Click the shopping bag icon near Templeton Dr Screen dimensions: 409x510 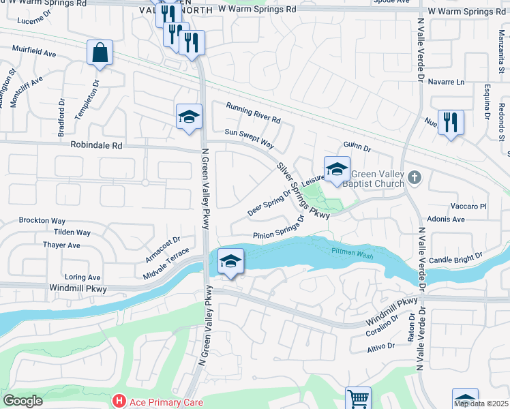(x=100, y=52)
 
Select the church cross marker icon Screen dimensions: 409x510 (x=414, y=178)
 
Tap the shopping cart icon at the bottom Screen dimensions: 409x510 (x=358, y=398)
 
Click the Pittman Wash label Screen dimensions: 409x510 (x=352, y=252)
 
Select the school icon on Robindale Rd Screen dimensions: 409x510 (x=189, y=117)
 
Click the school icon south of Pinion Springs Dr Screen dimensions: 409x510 (x=230, y=262)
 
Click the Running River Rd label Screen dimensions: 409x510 (x=254, y=114)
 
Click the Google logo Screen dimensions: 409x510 (x=22, y=400)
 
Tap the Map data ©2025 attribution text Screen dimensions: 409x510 (x=481, y=404)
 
